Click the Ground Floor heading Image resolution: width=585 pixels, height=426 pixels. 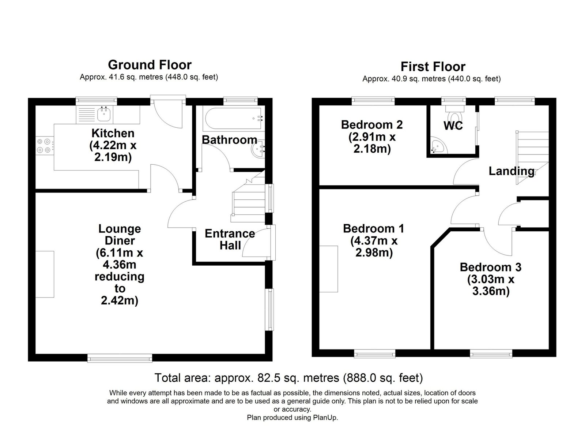[150, 65]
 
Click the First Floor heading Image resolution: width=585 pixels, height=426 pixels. [433, 67]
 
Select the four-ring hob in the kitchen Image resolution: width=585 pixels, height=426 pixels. [44, 146]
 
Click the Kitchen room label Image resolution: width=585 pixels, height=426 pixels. [113, 133]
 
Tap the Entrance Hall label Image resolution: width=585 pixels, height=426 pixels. [230, 239]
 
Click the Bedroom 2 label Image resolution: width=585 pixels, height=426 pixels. [371, 125]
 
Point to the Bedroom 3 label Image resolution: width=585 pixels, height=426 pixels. [490, 267]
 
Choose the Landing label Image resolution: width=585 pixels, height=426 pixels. [512, 171]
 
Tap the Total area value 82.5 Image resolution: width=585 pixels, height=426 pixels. [267, 378]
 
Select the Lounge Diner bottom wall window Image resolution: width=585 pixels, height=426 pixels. [120, 358]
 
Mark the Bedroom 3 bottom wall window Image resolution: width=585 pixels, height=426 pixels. [491, 354]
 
